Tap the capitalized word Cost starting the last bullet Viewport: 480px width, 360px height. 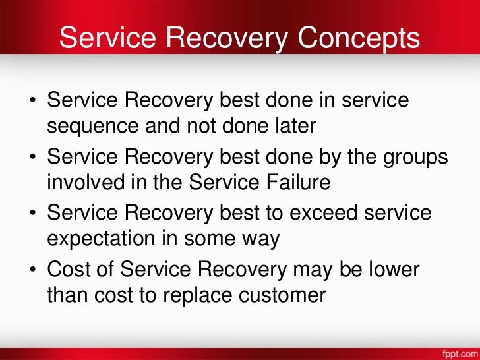(68, 270)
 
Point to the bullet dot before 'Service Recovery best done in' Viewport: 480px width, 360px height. (32, 102)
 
